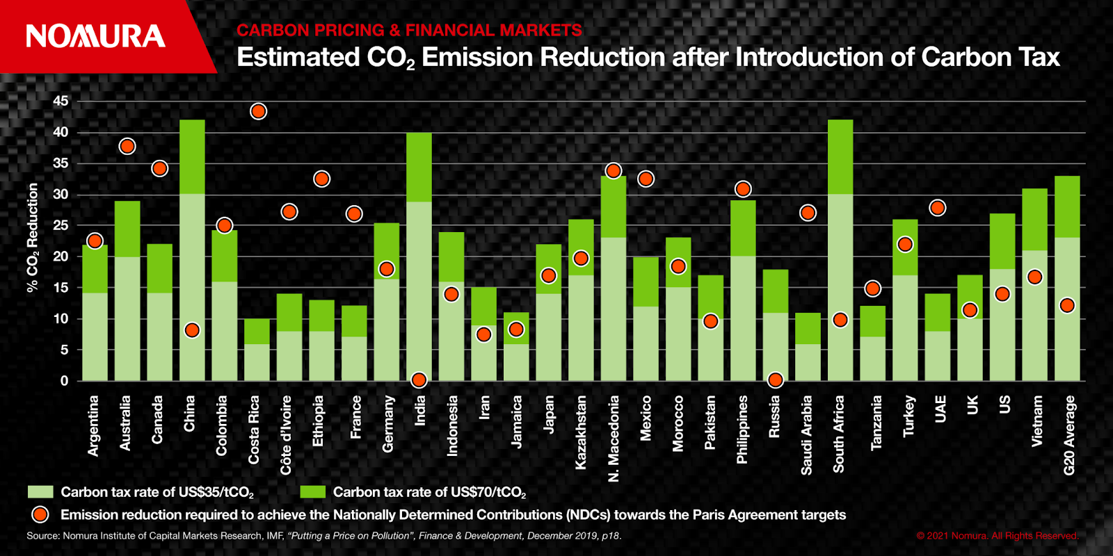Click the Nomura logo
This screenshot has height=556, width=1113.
[95, 36]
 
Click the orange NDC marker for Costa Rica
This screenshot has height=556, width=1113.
[258, 111]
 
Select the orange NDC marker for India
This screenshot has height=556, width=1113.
[419, 380]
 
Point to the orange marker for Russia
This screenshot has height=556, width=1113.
[776, 380]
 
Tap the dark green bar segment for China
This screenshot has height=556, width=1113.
[192, 156]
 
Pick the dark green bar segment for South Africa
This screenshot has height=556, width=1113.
[840, 156]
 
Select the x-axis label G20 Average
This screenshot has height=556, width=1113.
[1070, 435]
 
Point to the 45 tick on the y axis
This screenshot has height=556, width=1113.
[61, 101]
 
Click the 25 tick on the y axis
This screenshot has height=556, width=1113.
[61, 225]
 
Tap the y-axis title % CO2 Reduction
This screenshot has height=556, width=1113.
[33, 238]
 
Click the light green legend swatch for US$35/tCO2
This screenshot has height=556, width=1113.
[40, 492]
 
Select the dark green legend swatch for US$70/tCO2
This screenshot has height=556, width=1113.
[312, 492]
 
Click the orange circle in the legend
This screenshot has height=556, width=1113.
[40, 514]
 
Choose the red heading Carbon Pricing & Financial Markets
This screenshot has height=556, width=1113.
[409, 31]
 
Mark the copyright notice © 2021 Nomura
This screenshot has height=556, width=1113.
[998, 536]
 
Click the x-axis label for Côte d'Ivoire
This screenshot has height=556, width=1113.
[286, 435]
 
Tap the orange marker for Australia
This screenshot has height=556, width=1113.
[127, 146]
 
